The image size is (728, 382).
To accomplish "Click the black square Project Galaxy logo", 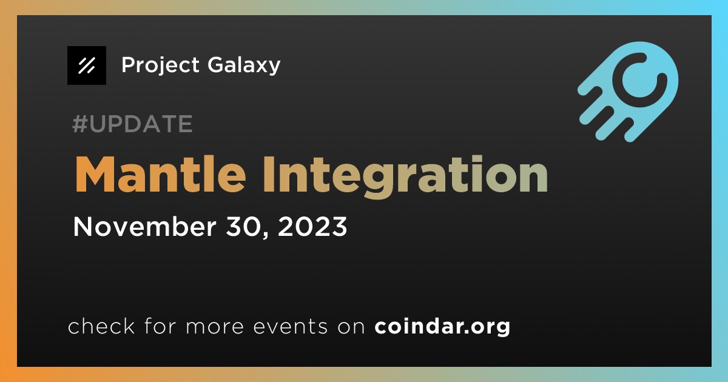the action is point(86,65).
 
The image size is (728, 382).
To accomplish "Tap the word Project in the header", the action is point(160,65).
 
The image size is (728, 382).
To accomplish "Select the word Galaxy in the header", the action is point(244,65).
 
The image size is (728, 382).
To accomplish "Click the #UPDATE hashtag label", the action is point(133,124).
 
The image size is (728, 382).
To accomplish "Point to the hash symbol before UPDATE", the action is point(79,124).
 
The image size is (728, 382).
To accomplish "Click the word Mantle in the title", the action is point(160,175).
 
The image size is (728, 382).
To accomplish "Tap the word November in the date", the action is point(144,226).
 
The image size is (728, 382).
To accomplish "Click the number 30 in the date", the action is point(246,226).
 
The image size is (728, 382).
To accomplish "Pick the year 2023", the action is point(312,226).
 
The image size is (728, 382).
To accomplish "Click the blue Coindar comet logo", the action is point(628,92).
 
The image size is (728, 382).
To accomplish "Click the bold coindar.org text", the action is point(442,326).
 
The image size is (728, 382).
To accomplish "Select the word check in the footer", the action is point(101,326).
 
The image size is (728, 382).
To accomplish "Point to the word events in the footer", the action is point(291,327).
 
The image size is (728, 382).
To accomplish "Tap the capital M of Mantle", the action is point(95,175).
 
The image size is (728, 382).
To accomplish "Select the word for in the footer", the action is point(160,326).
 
